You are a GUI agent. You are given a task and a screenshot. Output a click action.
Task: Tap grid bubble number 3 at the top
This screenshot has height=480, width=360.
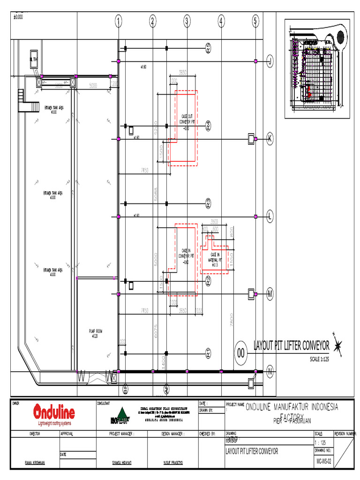[x=187, y=21]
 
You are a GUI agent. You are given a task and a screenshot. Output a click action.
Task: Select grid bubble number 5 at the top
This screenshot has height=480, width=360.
[x=255, y=21]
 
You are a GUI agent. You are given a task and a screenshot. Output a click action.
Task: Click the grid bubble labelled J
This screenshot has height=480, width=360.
[x=270, y=60]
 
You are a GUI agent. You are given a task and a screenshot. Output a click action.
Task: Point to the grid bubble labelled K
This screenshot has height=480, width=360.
[x=270, y=138]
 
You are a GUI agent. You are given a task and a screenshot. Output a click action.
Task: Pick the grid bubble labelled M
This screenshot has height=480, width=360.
[x=270, y=294]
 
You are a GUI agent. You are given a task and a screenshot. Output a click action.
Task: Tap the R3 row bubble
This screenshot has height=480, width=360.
[x=209, y=203]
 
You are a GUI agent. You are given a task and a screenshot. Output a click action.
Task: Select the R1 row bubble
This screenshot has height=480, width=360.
[x=209, y=352]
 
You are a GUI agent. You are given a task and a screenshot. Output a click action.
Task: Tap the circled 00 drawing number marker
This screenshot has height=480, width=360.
[x=242, y=352]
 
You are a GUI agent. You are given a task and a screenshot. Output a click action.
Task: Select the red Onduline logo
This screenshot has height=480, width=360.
[x=54, y=413]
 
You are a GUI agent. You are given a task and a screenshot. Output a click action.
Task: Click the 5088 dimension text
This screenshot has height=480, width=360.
[x=156, y=193]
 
